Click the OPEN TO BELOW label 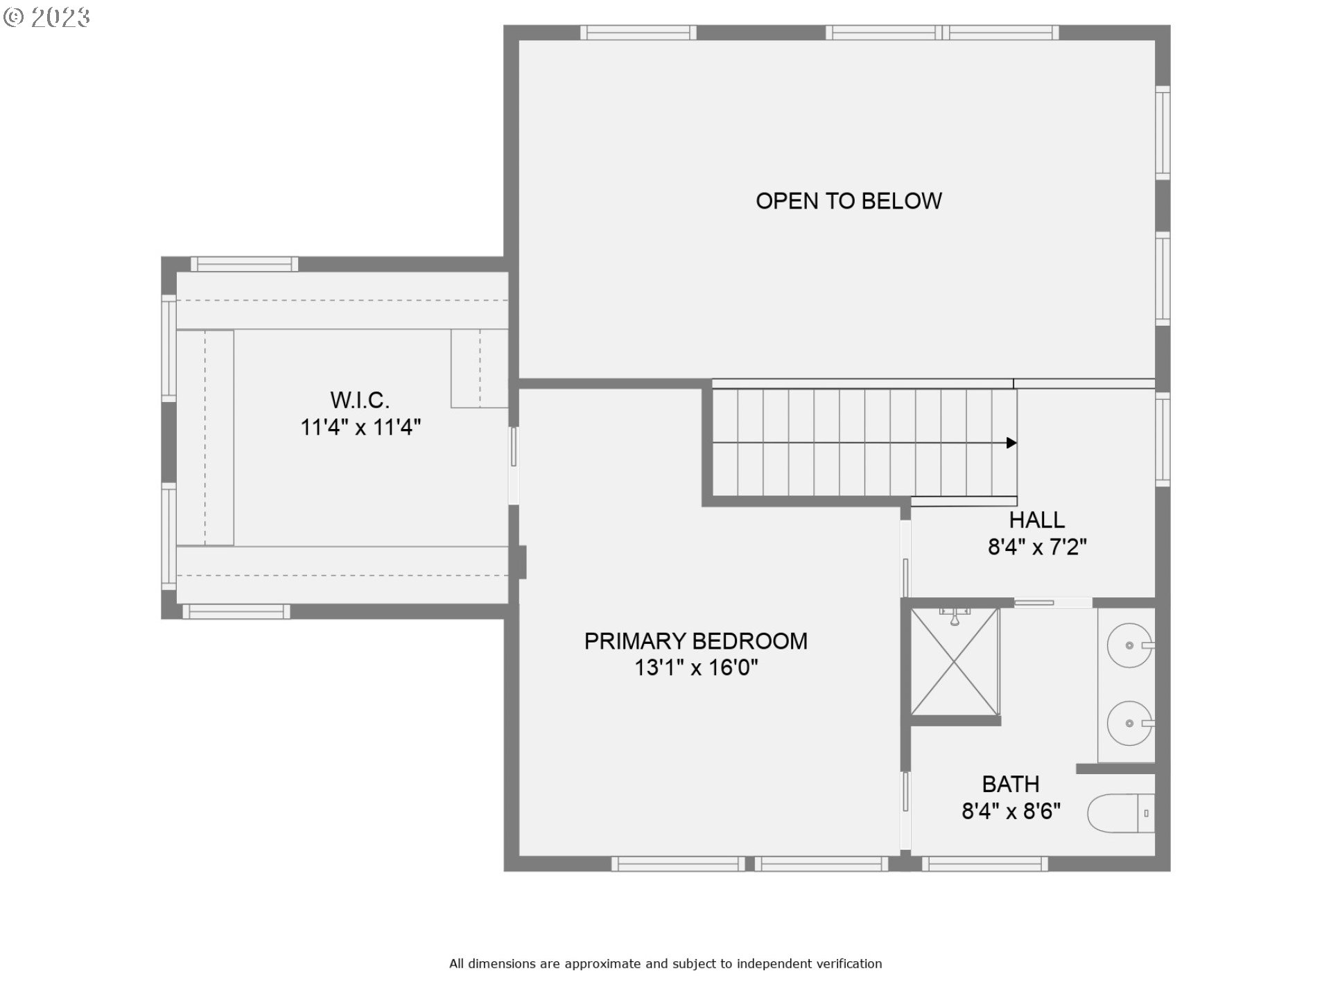[x=849, y=201]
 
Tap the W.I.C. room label [x=360, y=400]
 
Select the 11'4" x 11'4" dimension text [x=360, y=427]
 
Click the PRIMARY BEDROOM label [x=695, y=641]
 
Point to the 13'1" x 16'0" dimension [x=696, y=667]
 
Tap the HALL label [x=1036, y=520]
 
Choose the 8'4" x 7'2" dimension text [x=1037, y=547]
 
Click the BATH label [x=1010, y=784]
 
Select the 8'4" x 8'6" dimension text [x=1011, y=811]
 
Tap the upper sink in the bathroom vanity [x=1129, y=645]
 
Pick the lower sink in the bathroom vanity [x=1129, y=723]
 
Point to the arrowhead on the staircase [x=1011, y=443]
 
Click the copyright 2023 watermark [x=46, y=17]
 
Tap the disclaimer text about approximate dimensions [x=665, y=963]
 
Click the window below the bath [x=984, y=864]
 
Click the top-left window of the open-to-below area [x=638, y=33]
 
